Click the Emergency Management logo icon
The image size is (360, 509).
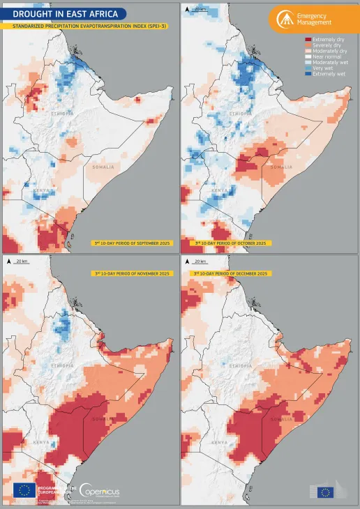coord(284,19)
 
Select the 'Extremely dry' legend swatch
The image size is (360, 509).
coord(308,40)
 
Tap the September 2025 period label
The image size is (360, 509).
coord(131,243)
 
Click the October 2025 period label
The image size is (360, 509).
coord(230,243)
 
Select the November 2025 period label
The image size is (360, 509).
coord(132,273)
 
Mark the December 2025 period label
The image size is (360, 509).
coord(230,273)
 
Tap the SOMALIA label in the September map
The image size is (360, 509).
coord(103,167)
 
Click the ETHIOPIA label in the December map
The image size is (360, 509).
coord(240,365)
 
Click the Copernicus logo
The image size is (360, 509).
coord(99,492)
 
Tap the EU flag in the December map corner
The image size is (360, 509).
coord(325,492)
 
